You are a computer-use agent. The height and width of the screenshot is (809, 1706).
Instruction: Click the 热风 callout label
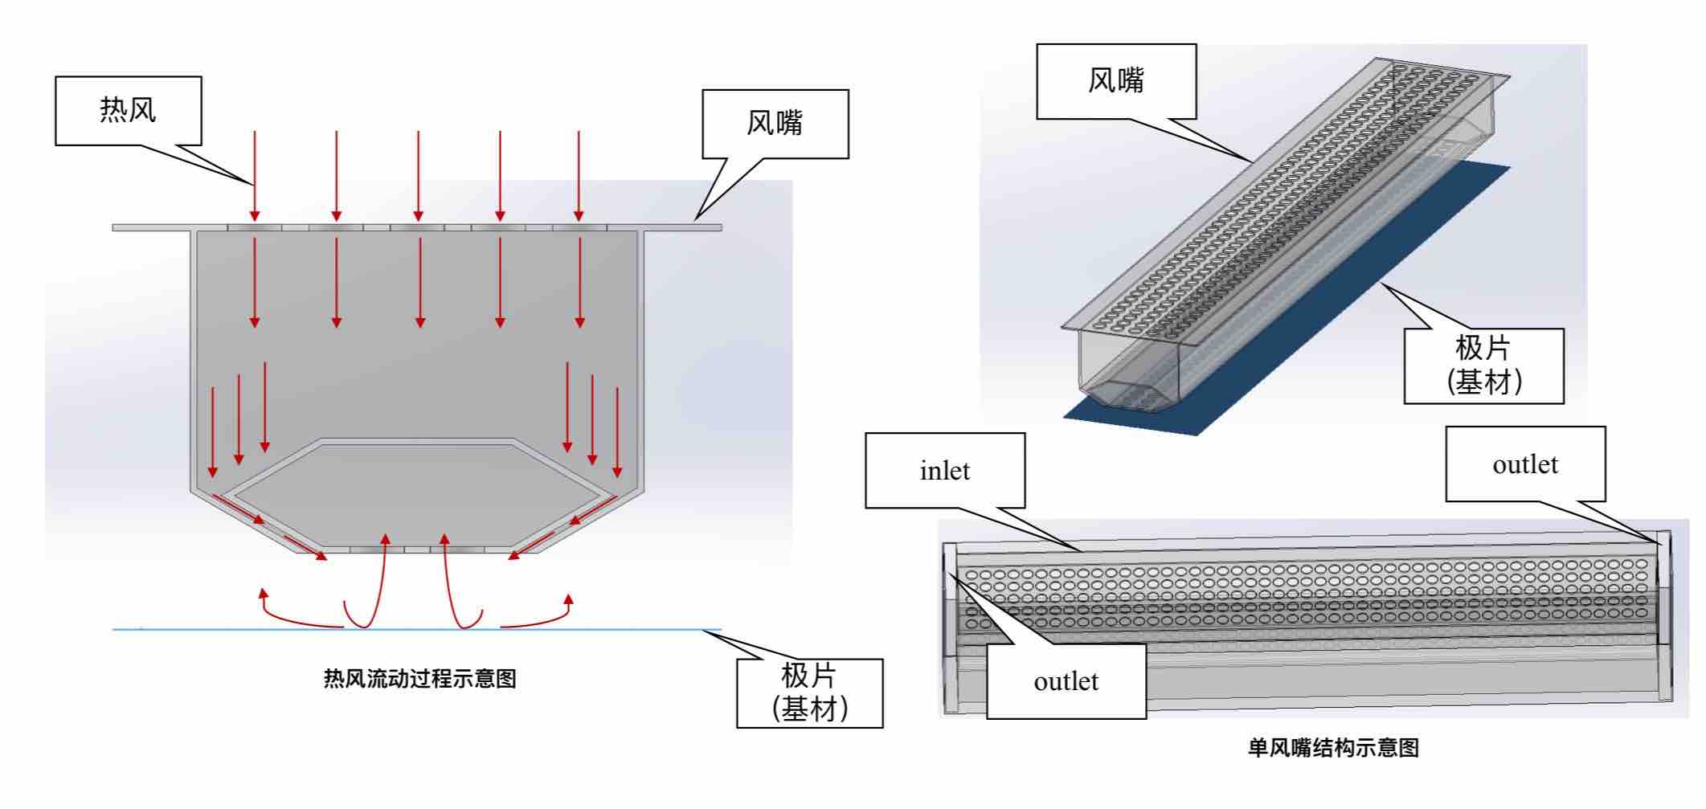128,110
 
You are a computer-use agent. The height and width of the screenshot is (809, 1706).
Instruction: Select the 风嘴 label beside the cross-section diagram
775,123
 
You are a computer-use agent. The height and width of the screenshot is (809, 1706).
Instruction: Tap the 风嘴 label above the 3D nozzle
1115,80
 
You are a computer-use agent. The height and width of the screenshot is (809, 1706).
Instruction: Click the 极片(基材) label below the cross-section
809,693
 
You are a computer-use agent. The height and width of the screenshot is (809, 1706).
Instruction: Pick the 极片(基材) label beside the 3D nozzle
1483,365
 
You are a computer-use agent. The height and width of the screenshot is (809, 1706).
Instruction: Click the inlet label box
944,470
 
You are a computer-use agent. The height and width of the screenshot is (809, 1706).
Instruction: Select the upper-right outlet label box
1524,464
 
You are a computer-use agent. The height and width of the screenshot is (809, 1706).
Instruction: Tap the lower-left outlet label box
1066,680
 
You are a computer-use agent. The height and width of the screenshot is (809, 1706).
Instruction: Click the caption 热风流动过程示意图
419,679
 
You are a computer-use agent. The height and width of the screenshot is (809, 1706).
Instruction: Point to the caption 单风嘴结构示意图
1333,748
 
